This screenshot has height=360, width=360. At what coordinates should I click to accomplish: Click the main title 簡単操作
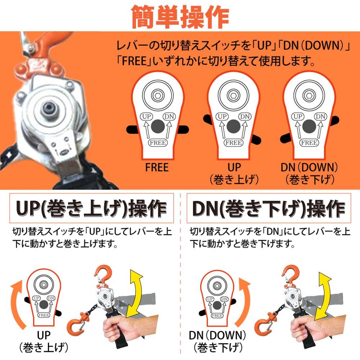point(180,16)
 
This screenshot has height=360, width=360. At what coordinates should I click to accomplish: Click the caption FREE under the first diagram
point(157,168)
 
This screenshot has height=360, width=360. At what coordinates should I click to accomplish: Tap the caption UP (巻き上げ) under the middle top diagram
point(234,173)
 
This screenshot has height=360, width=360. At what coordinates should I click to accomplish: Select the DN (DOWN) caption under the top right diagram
point(310,173)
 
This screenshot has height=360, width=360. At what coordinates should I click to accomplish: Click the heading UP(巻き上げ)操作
point(90,210)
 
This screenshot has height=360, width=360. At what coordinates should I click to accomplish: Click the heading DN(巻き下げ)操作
point(268,210)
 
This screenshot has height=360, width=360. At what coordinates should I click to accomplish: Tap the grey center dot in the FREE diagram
point(157,127)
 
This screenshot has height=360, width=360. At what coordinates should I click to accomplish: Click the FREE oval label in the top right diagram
point(309,143)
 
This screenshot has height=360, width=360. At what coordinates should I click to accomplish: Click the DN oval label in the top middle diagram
point(245,116)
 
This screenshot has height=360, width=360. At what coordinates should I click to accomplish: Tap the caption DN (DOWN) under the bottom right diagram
point(218,342)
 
